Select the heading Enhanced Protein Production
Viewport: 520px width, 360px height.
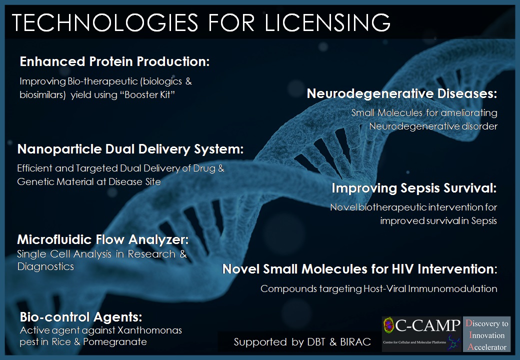pyautogui.click(x=114, y=62)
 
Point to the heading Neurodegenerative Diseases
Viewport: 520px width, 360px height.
pyautogui.click(x=402, y=93)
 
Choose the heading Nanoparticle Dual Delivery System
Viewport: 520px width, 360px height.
pyautogui.click(x=130, y=149)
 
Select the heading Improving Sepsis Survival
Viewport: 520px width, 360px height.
pyautogui.click(x=414, y=188)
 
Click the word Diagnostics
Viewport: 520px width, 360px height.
pyautogui.click(x=45, y=266)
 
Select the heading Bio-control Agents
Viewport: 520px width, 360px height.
pyautogui.click(x=81, y=317)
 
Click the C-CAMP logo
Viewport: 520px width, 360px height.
pyautogui.click(x=421, y=334)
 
